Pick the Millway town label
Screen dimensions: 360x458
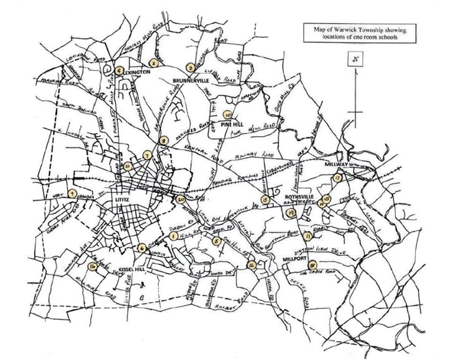click(x=339, y=165)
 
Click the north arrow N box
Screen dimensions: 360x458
click(x=355, y=60)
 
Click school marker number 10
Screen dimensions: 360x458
click(x=227, y=113)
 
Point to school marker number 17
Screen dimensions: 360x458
click(x=337, y=177)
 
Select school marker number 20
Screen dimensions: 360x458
click(x=181, y=199)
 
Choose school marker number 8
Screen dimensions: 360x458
click(x=165, y=139)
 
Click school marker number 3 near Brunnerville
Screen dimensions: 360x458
click(x=189, y=66)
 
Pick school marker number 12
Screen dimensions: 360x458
click(x=252, y=265)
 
